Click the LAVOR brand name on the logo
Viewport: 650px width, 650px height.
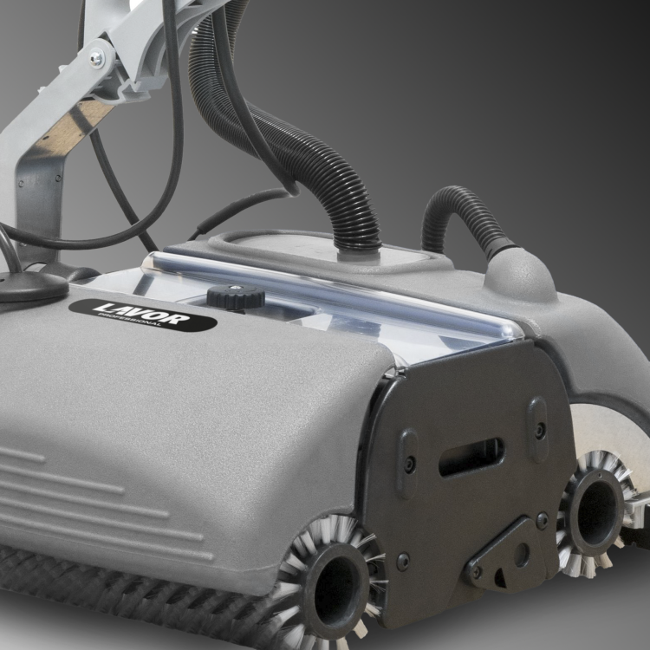pos(142,313)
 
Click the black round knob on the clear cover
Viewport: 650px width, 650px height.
pos(236,297)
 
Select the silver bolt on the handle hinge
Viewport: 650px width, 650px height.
pos(96,58)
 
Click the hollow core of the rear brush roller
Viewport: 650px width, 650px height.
pos(597,513)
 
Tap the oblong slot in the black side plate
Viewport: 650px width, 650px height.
pos(471,457)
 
